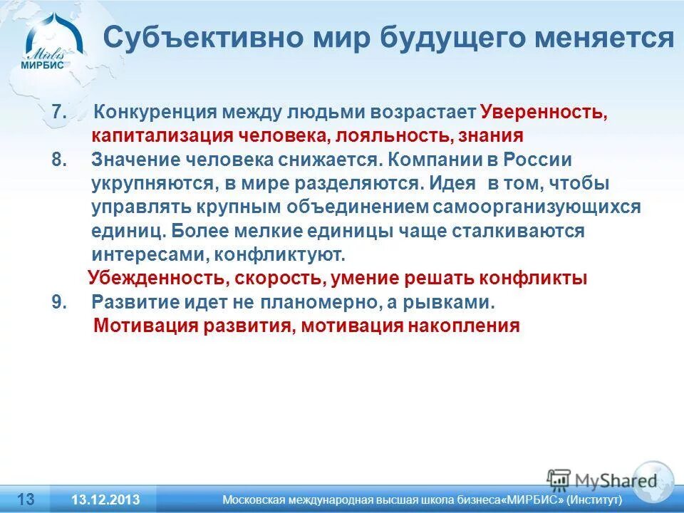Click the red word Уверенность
[543, 113]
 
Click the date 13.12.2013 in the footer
[105, 499]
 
